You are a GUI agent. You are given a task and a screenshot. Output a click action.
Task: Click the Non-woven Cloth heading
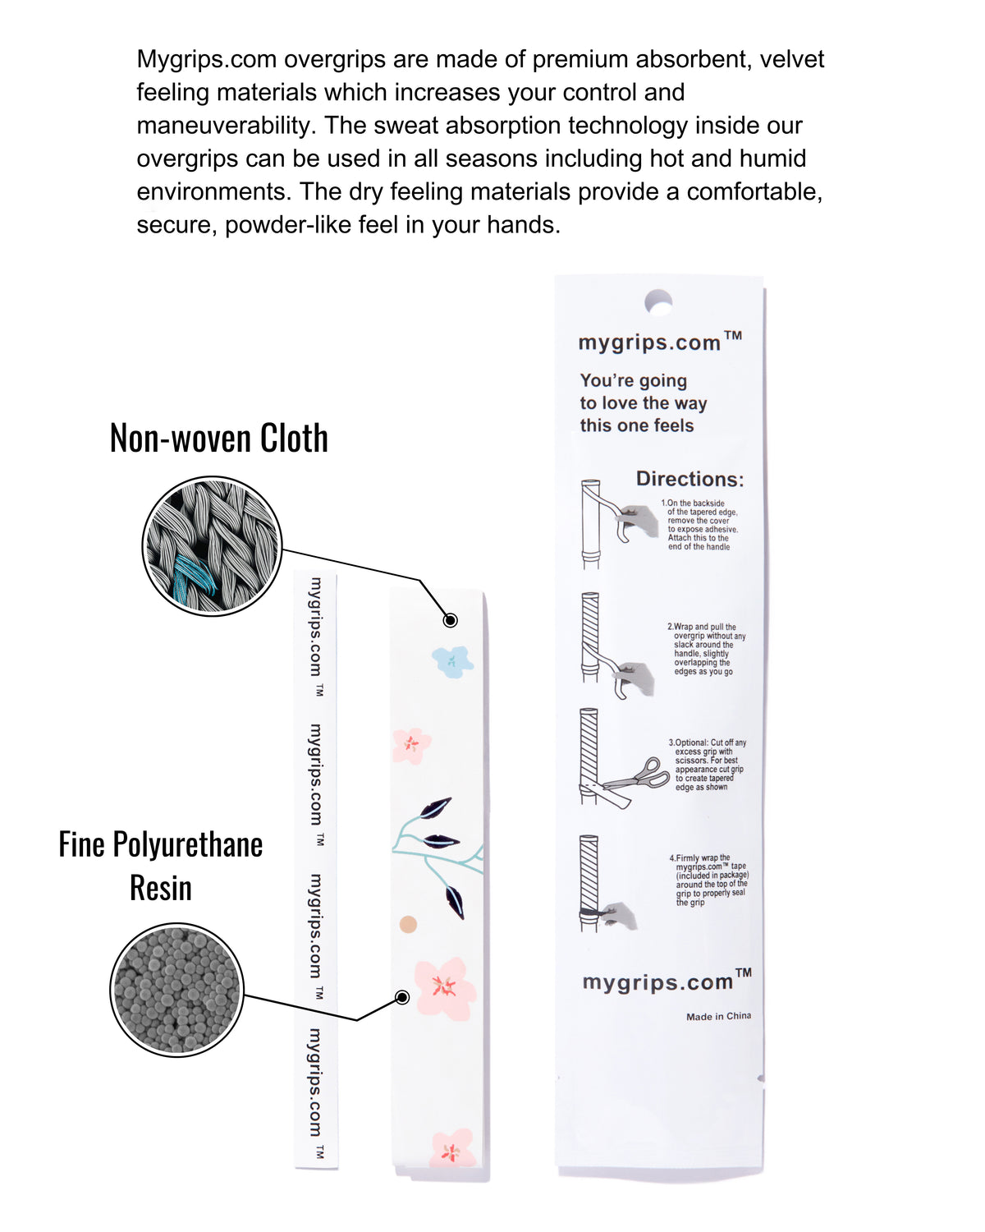pyautogui.click(x=218, y=439)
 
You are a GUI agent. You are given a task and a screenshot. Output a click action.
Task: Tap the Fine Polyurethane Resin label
pyautogui.click(x=161, y=866)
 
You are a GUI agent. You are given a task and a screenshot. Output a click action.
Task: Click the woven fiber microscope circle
pyautogui.click(x=212, y=546)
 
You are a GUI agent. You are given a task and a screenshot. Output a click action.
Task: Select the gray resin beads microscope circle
pyautogui.click(x=176, y=990)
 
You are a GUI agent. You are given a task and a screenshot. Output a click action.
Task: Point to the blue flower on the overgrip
pyautogui.click(x=452, y=660)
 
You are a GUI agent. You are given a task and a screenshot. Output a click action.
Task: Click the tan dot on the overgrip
pyautogui.click(x=408, y=925)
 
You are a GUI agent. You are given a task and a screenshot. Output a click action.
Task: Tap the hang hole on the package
pyautogui.click(x=658, y=302)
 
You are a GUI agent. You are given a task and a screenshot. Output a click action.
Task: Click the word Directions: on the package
pyautogui.click(x=689, y=479)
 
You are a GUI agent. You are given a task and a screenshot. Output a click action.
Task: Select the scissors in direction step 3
pyautogui.click(x=640, y=776)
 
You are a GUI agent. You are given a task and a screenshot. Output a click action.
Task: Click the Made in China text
pyautogui.click(x=718, y=1016)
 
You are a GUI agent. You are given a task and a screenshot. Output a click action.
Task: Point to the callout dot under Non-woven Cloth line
pyautogui.click(x=450, y=620)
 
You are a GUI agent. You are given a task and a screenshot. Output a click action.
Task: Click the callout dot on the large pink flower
pyautogui.click(x=402, y=997)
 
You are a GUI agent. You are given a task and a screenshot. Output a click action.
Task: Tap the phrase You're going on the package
pyautogui.click(x=633, y=381)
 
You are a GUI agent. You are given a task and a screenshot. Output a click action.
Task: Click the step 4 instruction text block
pyautogui.click(x=710, y=880)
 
